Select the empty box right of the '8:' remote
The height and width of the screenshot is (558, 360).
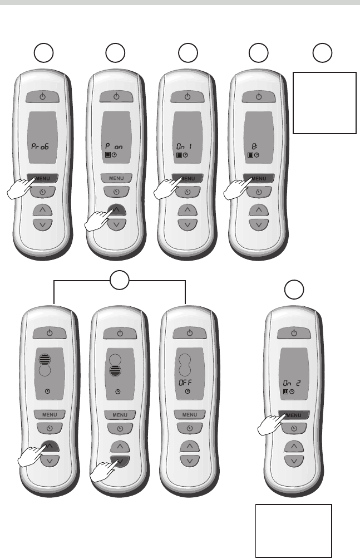[324, 102]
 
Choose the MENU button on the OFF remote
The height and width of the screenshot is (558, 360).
[190, 415]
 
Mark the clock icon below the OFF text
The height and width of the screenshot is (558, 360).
[186, 392]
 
